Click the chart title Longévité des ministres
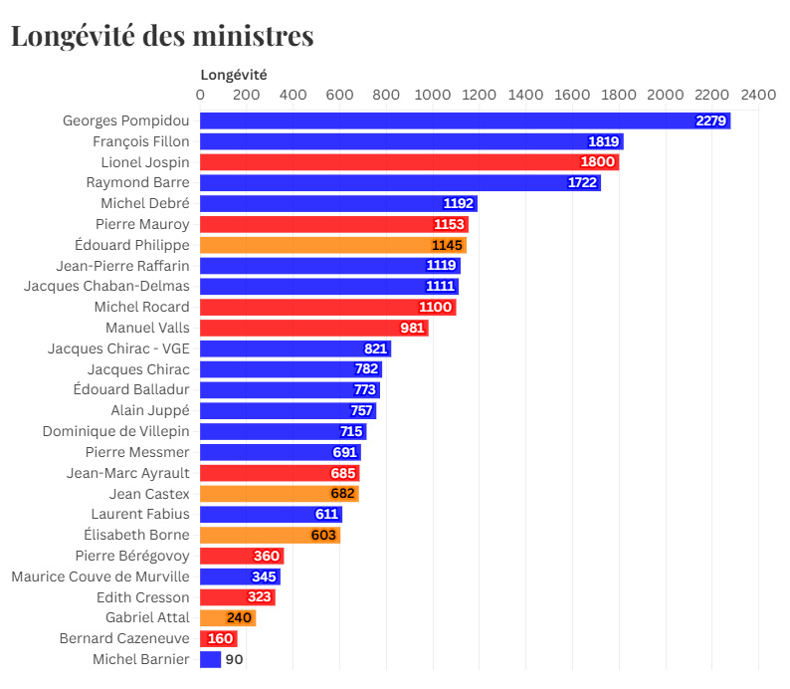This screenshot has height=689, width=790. point(162,36)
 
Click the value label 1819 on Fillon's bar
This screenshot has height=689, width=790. point(604,141)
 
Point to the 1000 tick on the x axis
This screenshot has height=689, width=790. point(433,95)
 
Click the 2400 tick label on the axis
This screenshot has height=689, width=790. point(758,95)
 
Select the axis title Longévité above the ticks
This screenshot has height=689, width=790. point(234,74)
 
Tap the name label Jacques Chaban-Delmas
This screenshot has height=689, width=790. point(106,286)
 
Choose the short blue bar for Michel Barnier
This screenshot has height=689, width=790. point(210,659)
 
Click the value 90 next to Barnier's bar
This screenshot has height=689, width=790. point(234,659)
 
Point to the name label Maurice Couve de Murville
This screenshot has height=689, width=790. point(100,576)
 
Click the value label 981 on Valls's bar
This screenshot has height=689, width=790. point(412,328)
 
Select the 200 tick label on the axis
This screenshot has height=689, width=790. point(247,95)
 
